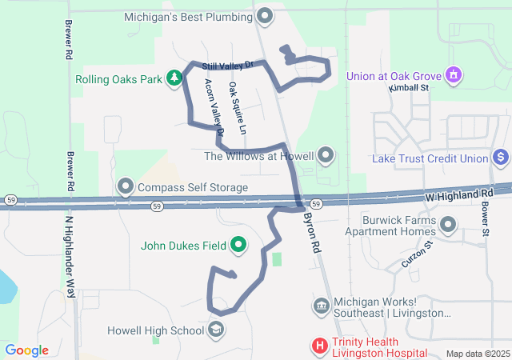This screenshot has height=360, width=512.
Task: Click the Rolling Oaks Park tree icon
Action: (174, 78)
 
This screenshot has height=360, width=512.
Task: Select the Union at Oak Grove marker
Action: (454, 76)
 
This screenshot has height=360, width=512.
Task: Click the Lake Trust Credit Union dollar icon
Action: (501, 158)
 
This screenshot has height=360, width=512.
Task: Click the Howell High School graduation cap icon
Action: (216, 330)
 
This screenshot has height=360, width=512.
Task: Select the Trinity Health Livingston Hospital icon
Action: (319, 346)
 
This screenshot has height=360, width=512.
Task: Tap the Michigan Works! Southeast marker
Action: (321, 305)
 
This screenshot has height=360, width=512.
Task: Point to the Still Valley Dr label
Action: (227, 64)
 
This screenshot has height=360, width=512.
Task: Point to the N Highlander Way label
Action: (70, 247)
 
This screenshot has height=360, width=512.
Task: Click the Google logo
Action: (27, 350)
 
